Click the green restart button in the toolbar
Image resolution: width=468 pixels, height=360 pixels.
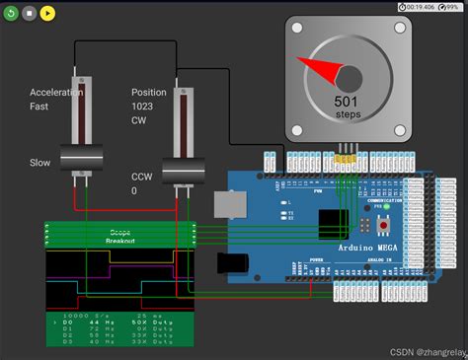point(12,14)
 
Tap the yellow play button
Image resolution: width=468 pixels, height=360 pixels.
point(47,14)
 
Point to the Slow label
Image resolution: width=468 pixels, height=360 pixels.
point(39,163)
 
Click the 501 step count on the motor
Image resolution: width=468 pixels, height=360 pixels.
point(346,102)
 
